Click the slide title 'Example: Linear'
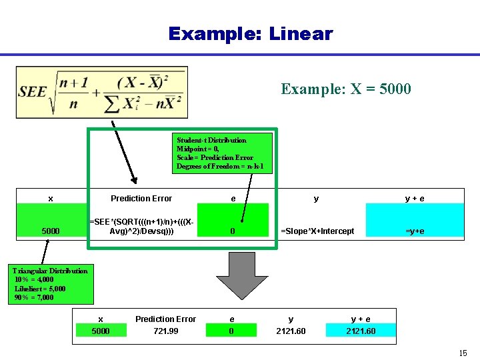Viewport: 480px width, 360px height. click(x=250, y=33)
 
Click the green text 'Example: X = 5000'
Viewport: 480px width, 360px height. click(x=346, y=89)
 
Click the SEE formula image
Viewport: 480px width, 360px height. click(x=102, y=92)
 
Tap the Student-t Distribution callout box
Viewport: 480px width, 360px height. click(x=222, y=153)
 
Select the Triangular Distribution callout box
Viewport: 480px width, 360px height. click(x=51, y=285)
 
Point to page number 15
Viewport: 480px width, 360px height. click(x=462, y=351)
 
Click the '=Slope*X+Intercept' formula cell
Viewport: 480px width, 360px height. click(x=317, y=231)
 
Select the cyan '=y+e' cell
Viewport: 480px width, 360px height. click(x=415, y=231)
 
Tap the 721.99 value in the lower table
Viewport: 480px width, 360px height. click(x=165, y=331)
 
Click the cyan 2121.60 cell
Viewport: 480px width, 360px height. click(x=360, y=331)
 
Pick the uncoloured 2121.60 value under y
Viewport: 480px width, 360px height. click(x=291, y=331)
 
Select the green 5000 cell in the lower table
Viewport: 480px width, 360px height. click(x=100, y=331)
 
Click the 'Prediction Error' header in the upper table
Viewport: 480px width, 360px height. click(x=141, y=199)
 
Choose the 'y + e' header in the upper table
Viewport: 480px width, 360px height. click(x=415, y=199)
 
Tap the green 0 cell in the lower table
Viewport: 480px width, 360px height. click(x=231, y=331)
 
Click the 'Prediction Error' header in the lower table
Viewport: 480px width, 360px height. click(x=165, y=319)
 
